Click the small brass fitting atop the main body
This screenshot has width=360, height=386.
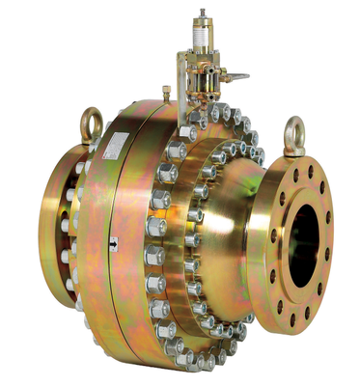point(166,95)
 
